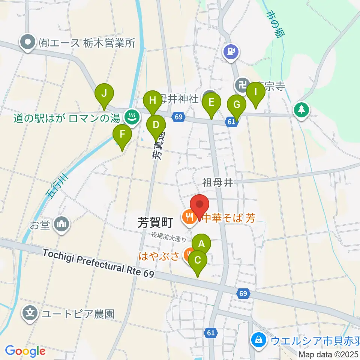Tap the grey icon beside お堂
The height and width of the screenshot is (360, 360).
tap(61, 225)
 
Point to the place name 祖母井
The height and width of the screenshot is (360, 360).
tap(218, 183)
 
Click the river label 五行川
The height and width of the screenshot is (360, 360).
tap(57, 187)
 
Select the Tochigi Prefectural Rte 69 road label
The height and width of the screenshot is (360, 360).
tap(98, 264)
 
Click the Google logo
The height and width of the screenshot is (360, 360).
tap(25, 351)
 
